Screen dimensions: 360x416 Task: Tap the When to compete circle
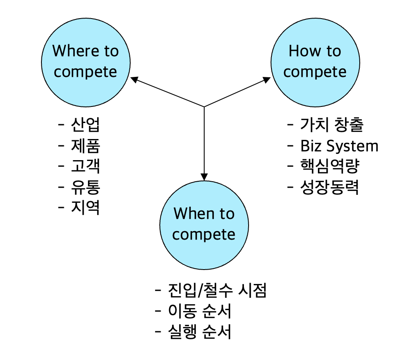click(204, 224)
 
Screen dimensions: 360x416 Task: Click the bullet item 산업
click(85, 125)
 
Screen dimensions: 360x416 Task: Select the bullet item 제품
click(85, 146)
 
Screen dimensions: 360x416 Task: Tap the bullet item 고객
click(85, 166)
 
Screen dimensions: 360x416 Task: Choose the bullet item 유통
click(85, 187)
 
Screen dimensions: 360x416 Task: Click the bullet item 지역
click(85, 208)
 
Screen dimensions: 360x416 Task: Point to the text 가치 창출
click(331, 125)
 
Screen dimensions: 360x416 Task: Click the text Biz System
click(339, 146)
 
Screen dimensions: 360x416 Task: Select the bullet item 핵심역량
click(329, 166)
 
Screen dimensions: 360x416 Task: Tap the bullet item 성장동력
click(329, 187)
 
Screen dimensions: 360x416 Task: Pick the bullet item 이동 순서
click(200, 311)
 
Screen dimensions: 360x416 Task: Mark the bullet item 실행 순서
click(200, 332)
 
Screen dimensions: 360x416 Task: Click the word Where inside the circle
click(71, 51)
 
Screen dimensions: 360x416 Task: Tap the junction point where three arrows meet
click(204, 106)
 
